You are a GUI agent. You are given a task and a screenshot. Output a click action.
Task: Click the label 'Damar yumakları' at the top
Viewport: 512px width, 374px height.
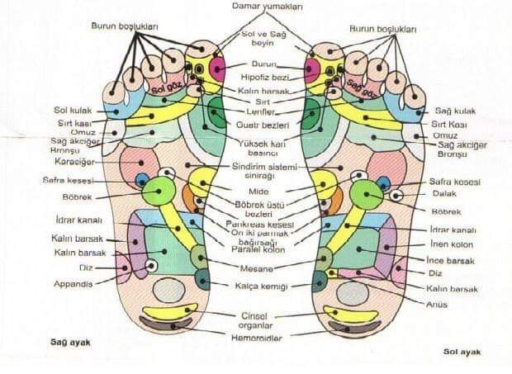point(257,7)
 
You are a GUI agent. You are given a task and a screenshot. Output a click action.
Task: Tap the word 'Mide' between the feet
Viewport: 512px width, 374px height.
point(258,192)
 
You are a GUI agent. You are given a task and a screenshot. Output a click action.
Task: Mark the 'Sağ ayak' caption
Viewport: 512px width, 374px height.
point(68,340)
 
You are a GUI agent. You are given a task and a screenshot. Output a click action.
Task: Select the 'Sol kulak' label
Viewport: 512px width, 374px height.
point(71,110)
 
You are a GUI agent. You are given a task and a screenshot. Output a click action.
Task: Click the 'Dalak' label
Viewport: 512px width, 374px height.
point(443,194)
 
